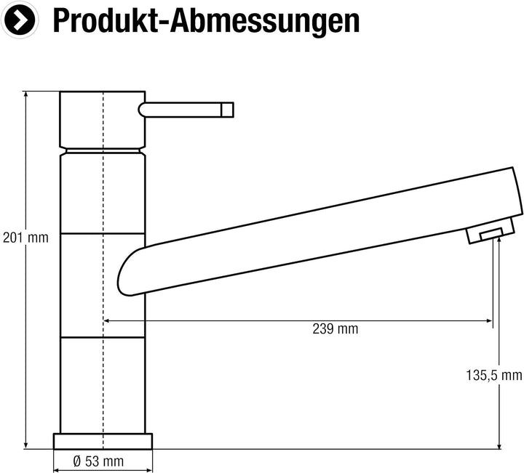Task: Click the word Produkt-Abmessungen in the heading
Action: click(x=206, y=22)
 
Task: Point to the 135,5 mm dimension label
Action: click(x=493, y=375)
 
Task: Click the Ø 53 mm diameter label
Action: click(x=98, y=461)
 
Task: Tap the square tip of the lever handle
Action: click(x=227, y=110)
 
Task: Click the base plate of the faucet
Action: click(x=103, y=440)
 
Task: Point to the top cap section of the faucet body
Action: click(x=103, y=120)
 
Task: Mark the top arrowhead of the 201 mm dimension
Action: click(x=26, y=95)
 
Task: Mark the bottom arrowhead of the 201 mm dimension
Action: click(x=26, y=444)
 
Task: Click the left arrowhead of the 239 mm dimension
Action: click(x=108, y=320)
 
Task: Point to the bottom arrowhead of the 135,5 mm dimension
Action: click(x=499, y=444)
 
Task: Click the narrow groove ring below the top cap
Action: click(x=103, y=151)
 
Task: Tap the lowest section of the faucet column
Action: click(x=103, y=385)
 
